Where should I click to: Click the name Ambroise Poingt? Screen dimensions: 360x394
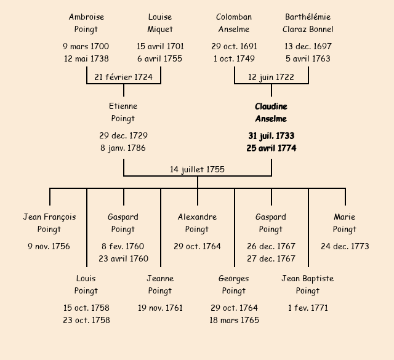pos(86,23)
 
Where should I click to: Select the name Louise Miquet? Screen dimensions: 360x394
pos(160,23)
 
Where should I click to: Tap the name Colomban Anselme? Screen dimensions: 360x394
pos(234,23)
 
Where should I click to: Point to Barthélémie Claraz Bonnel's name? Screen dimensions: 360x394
pos(308,23)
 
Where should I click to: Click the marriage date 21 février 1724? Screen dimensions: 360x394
pos(123,77)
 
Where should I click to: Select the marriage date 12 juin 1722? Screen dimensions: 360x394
pos(271,77)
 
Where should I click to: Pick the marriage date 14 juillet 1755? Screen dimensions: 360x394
pos(197,169)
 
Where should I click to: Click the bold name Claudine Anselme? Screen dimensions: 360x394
pos(271,113)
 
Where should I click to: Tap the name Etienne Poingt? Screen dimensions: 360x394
pos(123,113)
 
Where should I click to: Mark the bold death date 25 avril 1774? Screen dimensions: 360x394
pos(271,148)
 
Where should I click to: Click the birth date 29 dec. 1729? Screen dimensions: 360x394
pos(123,135)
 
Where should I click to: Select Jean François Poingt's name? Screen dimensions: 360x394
pos(49,223)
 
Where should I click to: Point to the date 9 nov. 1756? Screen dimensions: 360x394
pos(49,246)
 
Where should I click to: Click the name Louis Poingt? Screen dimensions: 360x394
pos(86,284)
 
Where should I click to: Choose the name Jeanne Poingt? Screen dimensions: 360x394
pos(160,284)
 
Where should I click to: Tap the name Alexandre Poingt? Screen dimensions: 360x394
pos(197,223)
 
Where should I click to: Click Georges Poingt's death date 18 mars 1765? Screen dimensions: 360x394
pos(234,320)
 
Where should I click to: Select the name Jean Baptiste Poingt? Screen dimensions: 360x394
pos(308,284)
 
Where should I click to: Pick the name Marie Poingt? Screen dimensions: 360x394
pos(345,223)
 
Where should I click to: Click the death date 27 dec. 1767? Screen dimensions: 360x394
pos(271,258)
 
